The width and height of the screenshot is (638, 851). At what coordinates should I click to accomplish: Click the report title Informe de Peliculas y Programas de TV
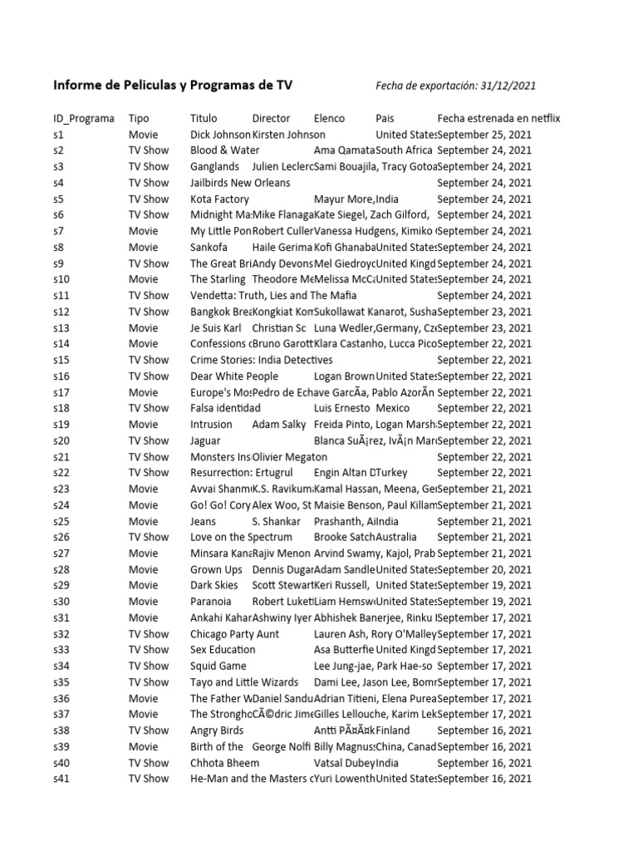click(173, 85)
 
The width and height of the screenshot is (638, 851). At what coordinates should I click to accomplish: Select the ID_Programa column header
click(84, 119)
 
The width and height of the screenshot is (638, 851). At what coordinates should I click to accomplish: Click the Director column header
click(272, 119)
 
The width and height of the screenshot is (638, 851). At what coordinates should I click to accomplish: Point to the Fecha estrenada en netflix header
click(498, 119)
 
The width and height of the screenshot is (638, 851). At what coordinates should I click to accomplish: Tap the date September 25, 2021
click(484, 135)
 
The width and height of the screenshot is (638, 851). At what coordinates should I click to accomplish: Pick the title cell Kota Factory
click(219, 199)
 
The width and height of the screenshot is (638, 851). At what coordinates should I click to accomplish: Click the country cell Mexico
click(393, 408)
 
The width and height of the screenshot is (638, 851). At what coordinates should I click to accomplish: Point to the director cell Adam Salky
click(279, 425)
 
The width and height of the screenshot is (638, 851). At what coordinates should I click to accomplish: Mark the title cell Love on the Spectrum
click(242, 538)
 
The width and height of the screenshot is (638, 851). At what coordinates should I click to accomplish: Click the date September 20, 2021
click(484, 570)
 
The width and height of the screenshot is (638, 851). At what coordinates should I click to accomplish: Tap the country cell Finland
click(393, 730)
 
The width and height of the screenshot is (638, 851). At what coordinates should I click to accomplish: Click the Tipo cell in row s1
click(143, 135)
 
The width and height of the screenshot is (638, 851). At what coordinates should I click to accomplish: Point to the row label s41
click(62, 779)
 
